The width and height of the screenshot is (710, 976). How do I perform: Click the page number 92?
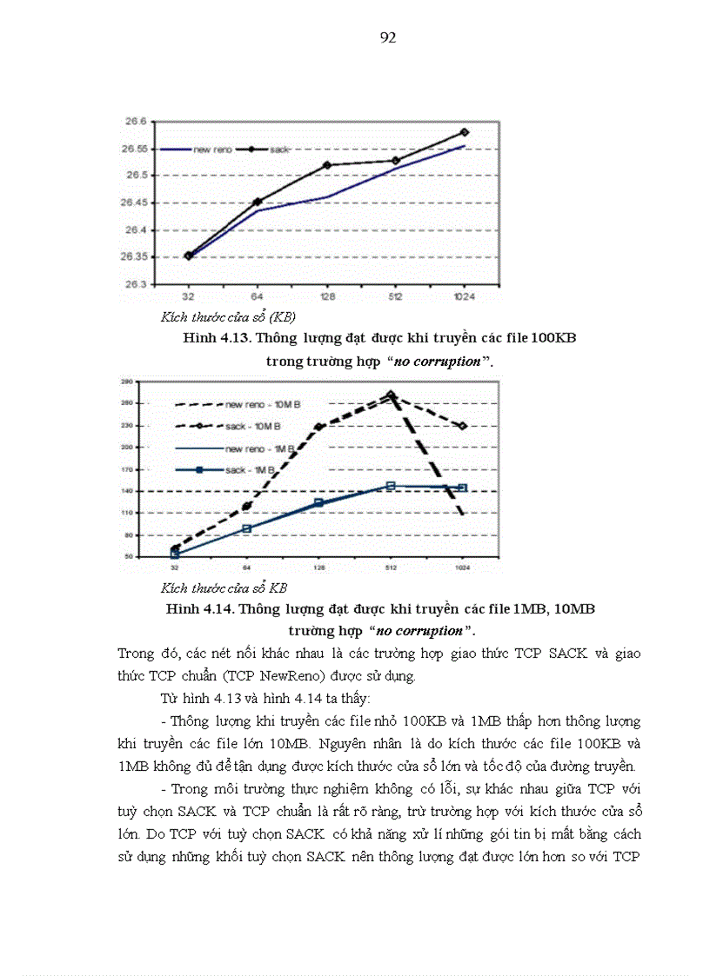[x=389, y=37]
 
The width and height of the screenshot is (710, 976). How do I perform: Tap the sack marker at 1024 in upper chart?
[x=464, y=132]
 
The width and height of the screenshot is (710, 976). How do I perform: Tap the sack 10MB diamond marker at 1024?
[x=463, y=426]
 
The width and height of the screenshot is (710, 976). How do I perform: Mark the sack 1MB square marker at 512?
[x=391, y=486]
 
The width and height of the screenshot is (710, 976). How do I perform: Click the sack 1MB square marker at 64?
[x=247, y=528]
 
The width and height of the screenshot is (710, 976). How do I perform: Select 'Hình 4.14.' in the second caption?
[x=198, y=609]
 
